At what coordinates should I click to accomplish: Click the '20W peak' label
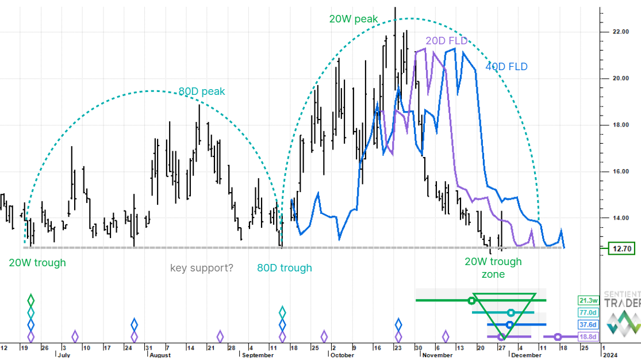[x=353, y=19]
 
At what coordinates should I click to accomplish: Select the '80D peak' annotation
[x=202, y=91]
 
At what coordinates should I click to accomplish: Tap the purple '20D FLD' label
[x=446, y=41]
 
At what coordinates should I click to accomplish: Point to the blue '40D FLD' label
[x=506, y=67]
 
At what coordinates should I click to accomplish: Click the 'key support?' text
[x=202, y=267]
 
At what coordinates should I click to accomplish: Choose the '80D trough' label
[x=284, y=268]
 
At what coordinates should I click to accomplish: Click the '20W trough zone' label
[x=493, y=268]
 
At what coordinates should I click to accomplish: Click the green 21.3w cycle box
[x=590, y=300]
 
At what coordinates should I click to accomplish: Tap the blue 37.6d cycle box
[x=590, y=325]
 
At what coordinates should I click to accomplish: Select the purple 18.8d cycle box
[x=590, y=337]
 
